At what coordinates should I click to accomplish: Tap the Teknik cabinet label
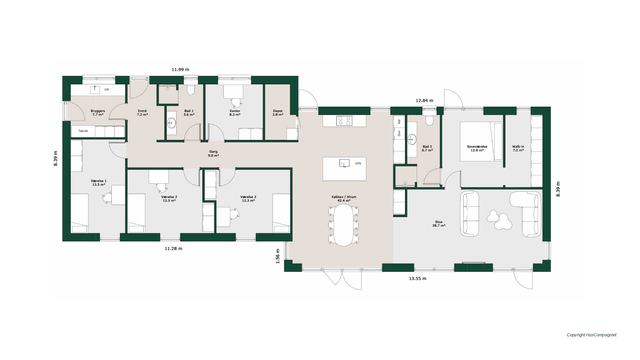click(83, 131)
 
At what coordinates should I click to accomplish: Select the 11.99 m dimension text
click(180, 70)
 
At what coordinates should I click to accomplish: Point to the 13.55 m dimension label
click(417, 278)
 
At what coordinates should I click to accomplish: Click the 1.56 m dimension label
click(277, 256)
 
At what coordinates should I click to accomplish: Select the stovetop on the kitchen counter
click(344, 120)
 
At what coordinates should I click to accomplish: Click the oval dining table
click(344, 225)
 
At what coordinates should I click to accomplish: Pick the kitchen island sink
click(344, 163)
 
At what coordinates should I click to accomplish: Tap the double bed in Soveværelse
click(481, 141)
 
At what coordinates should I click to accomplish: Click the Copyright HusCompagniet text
click(592, 335)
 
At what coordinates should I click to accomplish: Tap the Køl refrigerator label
click(399, 121)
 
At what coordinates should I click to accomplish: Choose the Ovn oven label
click(399, 133)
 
